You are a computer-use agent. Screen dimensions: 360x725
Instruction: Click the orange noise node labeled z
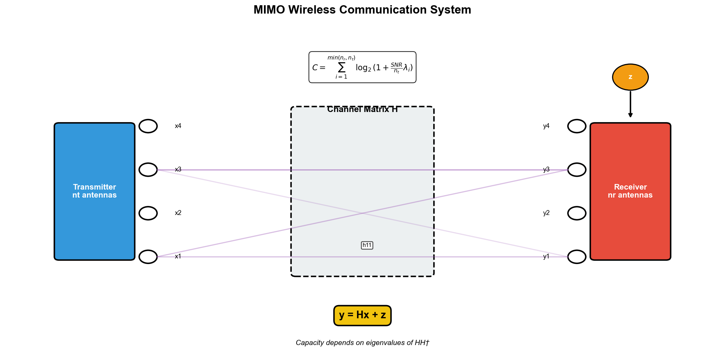(x=630, y=77)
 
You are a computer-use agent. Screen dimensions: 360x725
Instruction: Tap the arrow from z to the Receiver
(x=630, y=104)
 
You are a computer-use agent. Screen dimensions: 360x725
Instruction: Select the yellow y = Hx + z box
(x=362, y=315)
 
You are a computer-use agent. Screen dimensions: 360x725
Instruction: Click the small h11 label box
(x=367, y=245)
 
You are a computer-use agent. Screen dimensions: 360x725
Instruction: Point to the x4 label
(x=178, y=126)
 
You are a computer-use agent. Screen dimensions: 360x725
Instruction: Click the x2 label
(x=178, y=213)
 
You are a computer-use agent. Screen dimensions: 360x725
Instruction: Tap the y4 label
(x=546, y=126)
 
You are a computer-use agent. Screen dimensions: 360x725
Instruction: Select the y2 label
(x=546, y=213)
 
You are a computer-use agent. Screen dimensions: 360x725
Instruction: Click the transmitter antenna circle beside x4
(x=148, y=126)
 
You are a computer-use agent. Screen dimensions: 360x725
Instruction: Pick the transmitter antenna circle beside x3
(x=148, y=170)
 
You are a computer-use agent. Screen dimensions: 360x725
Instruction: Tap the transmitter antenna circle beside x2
(x=148, y=213)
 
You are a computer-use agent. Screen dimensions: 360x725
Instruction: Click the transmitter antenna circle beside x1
(x=148, y=257)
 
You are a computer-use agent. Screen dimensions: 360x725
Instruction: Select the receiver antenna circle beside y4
(x=577, y=126)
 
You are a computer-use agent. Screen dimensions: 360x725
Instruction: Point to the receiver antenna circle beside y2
(x=577, y=213)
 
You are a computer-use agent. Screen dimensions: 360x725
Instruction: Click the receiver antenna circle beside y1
(x=577, y=257)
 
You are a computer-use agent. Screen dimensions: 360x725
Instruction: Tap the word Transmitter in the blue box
(x=95, y=187)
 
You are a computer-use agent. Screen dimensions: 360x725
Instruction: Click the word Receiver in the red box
(x=630, y=187)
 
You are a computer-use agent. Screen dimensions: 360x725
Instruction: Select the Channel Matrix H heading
(x=362, y=110)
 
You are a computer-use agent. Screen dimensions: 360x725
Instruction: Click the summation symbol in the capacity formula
(x=341, y=67)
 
